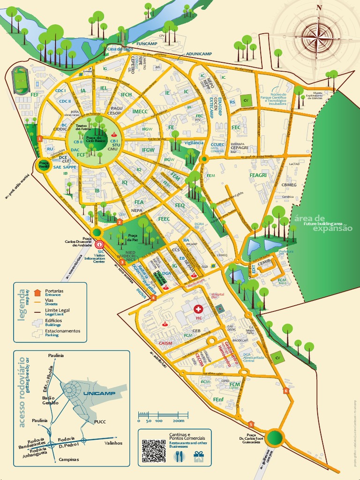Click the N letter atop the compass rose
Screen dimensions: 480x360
[319, 7]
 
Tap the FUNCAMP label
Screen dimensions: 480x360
[147, 43]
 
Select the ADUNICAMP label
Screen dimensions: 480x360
[199, 54]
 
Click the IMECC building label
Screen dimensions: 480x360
[140, 112]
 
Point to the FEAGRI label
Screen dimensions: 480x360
[258, 175]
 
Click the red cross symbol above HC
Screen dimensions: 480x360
[199, 309]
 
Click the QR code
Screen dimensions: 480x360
[154, 450]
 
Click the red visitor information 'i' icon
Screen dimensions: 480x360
[99, 244]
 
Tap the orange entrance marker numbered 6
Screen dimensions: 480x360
[285, 390]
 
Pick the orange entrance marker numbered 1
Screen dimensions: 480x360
[40, 138]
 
